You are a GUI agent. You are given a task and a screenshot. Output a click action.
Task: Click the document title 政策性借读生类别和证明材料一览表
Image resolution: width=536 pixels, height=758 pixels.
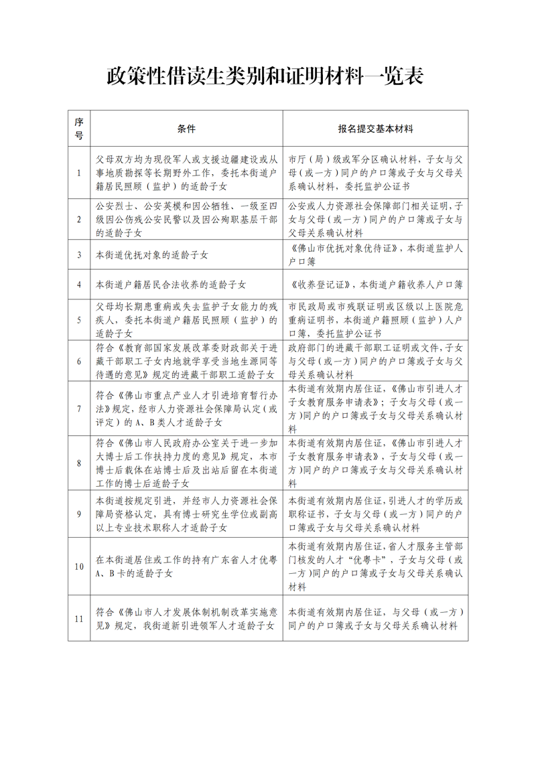[x=266, y=76]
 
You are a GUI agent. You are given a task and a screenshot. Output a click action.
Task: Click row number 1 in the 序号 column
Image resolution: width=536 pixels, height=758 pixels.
[x=79, y=173]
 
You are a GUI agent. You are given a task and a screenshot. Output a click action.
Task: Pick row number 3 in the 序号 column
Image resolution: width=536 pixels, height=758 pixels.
[x=79, y=255]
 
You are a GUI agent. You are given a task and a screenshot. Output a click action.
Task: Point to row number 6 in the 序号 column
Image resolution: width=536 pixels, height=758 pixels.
[x=79, y=361]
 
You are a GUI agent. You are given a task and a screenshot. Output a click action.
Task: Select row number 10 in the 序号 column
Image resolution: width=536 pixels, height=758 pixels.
[x=79, y=566]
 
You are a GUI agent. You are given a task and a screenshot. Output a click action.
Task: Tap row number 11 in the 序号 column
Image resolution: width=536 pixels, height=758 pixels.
[x=79, y=619]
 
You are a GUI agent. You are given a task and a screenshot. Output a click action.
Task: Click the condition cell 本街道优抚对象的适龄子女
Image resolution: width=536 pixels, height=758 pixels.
[x=152, y=255]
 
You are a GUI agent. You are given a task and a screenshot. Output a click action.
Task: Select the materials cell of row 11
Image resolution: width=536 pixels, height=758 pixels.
[x=376, y=619]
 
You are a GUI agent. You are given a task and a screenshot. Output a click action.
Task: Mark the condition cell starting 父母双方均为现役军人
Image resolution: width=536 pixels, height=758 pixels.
[x=186, y=173]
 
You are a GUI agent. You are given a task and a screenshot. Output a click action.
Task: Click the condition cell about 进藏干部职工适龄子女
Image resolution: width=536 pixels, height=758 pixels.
[x=186, y=361]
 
